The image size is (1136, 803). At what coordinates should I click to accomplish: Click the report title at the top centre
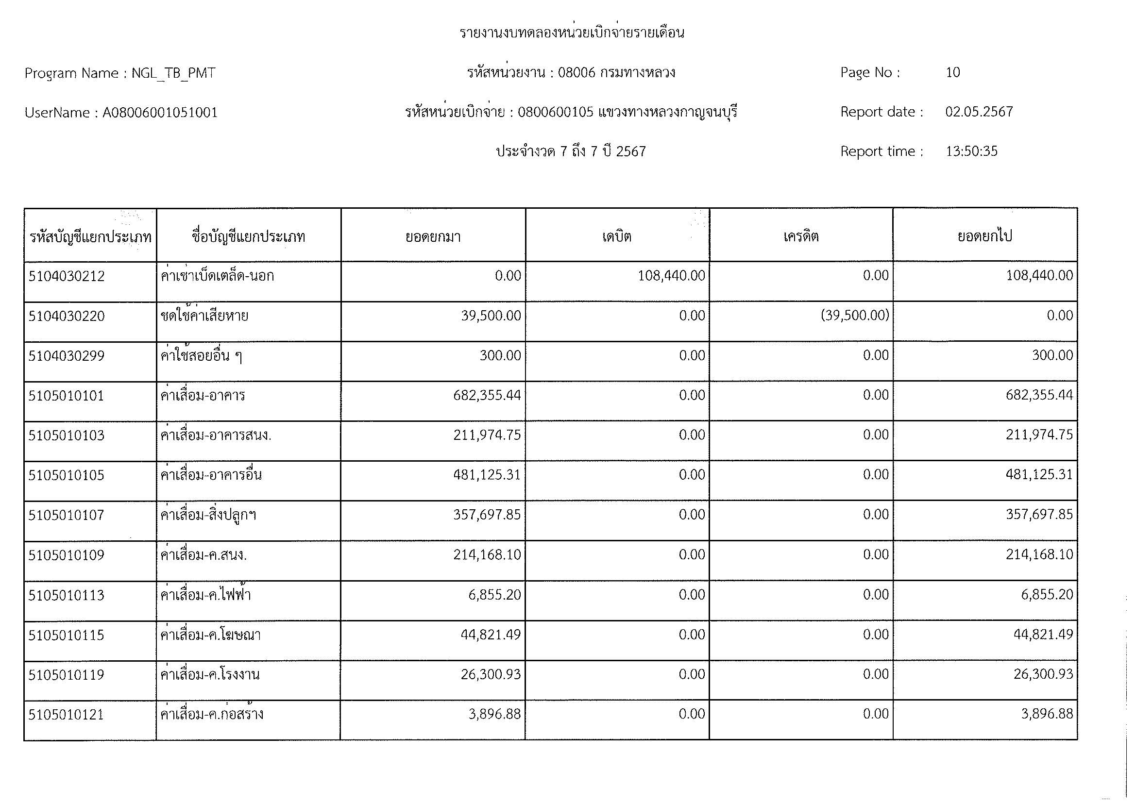tap(572, 33)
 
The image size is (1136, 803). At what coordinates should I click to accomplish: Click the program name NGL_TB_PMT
tap(173, 73)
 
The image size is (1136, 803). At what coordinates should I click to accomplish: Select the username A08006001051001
tap(160, 113)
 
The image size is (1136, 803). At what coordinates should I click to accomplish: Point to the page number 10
tap(952, 73)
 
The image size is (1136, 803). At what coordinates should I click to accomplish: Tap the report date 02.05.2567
tap(979, 112)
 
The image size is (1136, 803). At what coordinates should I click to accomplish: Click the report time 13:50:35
tap(971, 151)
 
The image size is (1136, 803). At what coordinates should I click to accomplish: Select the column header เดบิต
tap(616, 236)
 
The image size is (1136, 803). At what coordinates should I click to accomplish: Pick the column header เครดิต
tap(800, 236)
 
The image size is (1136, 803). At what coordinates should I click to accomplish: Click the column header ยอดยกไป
tap(984, 236)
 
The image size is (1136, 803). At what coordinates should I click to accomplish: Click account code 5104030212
tap(67, 276)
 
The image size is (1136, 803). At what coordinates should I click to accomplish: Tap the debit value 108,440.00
tap(671, 275)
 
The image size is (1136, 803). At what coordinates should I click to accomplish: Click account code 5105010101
tap(67, 396)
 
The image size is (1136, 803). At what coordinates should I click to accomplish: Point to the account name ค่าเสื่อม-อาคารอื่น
tap(211, 475)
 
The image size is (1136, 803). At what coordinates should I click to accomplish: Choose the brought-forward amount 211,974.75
tap(487, 435)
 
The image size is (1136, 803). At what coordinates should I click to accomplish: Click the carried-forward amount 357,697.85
tap(1039, 515)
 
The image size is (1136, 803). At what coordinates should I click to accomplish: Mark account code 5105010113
tap(67, 595)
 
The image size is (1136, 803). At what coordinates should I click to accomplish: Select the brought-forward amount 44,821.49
tap(491, 635)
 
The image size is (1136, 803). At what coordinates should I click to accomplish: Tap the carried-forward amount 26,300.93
tap(1043, 674)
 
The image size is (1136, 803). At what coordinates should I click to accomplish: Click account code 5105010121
tap(67, 715)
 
